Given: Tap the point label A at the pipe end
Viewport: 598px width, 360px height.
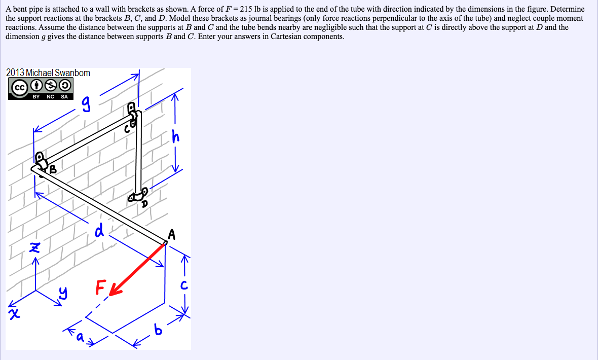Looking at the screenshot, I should pos(172,234).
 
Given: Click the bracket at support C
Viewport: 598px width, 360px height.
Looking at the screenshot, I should pos(133,116).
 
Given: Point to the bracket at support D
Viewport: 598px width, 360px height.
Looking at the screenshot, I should pos(139,195).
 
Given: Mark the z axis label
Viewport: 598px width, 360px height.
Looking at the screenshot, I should pos(34,247).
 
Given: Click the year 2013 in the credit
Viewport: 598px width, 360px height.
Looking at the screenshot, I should pos(15,73).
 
